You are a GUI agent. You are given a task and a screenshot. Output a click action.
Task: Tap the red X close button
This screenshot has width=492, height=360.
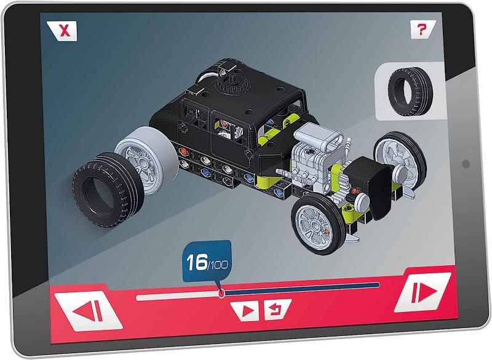pyautogui.click(x=63, y=31)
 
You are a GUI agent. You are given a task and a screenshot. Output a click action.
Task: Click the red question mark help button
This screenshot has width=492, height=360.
pyautogui.click(x=423, y=30)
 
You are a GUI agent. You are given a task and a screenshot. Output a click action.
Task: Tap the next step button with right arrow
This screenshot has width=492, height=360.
pyautogui.click(x=423, y=292)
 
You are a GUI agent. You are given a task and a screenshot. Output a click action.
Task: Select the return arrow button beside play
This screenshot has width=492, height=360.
pyautogui.click(x=276, y=309)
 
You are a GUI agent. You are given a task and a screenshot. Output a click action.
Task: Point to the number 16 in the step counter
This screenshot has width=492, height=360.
pyautogui.click(x=197, y=262)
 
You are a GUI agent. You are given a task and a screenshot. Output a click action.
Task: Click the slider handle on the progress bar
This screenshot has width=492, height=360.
pyautogui.click(x=221, y=294)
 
